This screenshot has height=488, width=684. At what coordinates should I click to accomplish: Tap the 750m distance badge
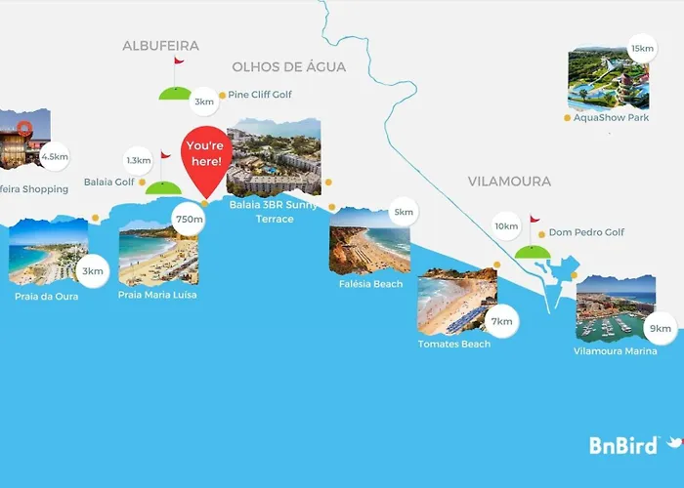point(189,219)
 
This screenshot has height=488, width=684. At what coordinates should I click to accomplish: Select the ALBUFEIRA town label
point(160,46)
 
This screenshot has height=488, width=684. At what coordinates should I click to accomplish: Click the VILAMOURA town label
point(509,182)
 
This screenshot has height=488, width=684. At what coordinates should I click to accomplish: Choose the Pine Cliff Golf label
point(260,95)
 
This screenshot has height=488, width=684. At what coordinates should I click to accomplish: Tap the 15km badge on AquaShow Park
point(642,48)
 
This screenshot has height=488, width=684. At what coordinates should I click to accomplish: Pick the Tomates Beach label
point(454,344)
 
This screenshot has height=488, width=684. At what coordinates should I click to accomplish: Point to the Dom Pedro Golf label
point(586,232)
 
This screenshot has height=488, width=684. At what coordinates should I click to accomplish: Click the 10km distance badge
point(506,226)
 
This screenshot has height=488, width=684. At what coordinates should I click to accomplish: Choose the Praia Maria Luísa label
point(157,295)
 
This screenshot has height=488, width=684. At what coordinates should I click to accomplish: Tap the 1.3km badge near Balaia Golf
point(138,160)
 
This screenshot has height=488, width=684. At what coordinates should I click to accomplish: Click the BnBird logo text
point(622,445)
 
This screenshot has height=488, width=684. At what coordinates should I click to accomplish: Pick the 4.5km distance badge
point(55,156)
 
